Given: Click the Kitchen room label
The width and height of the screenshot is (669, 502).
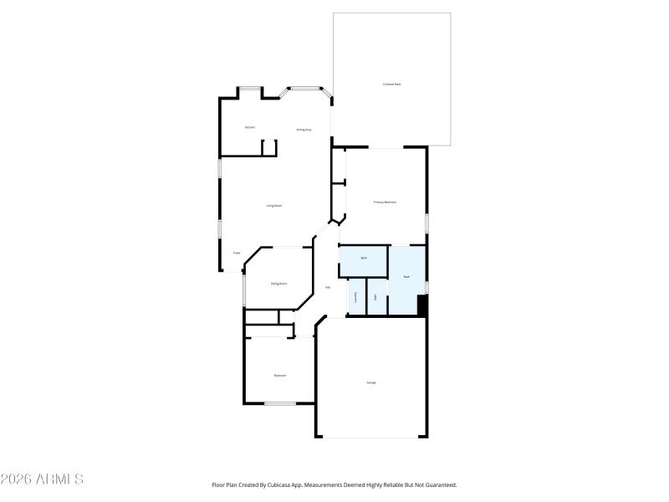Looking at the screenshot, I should (x=250, y=127).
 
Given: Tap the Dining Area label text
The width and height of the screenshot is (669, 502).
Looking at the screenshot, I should (x=304, y=130).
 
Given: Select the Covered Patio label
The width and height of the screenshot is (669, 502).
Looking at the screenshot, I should (x=391, y=85).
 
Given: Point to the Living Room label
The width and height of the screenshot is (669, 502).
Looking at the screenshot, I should (x=273, y=205).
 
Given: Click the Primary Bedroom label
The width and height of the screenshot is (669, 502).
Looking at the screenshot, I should (x=385, y=202).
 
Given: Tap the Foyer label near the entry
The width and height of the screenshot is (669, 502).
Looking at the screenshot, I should (x=237, y=252).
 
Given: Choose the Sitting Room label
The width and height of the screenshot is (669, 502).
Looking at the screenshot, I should (x=278, y=284).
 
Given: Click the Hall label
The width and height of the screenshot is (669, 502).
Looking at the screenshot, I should (x=327, y=288).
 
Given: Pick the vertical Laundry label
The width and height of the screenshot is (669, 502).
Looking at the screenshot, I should (x=356, y=296).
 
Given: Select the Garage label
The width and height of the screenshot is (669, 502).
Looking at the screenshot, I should (x=370, y=382).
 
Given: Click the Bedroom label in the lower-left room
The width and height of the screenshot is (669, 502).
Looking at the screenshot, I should (x=279, y=376).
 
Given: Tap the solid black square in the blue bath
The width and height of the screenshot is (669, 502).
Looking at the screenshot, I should (x=422, y=305).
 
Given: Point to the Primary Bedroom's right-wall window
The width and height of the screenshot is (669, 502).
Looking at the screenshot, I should (x=426, y=224).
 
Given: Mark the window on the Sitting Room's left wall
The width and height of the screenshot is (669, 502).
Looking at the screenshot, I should (x=243, y=289).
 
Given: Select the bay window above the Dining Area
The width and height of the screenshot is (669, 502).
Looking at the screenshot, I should (x=305, y=87).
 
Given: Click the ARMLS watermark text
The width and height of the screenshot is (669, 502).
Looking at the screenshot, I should (x=42, y=479).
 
